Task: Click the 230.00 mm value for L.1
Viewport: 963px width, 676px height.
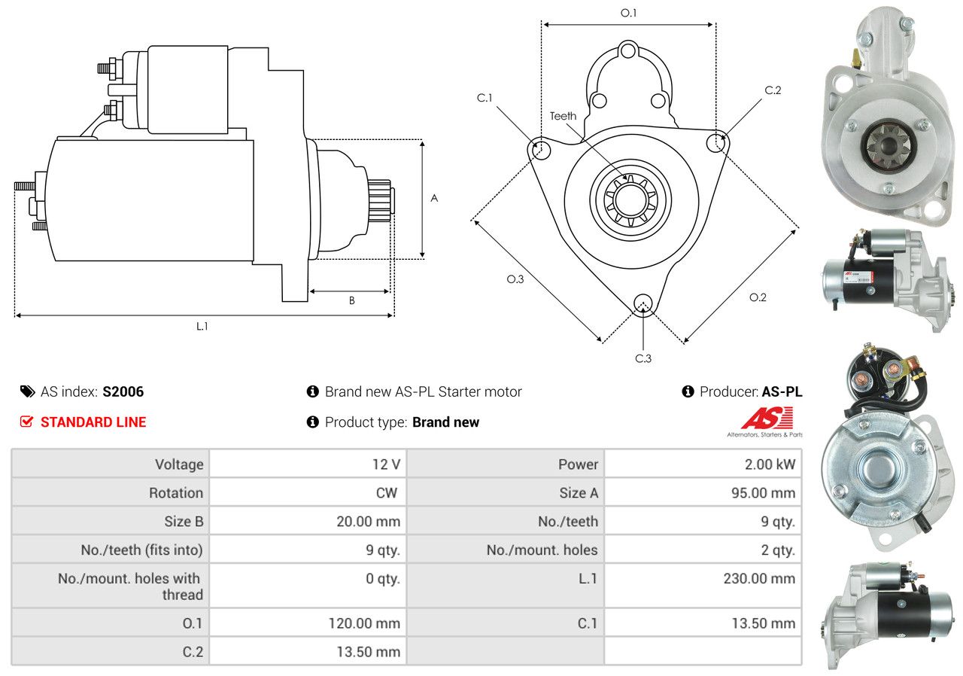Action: point(759,578)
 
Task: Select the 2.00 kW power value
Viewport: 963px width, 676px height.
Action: point(770,464)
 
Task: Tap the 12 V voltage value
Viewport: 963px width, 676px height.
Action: point(386,464)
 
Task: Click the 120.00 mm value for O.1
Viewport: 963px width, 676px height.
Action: point(364,623)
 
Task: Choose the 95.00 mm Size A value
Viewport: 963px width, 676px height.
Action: point(763,493)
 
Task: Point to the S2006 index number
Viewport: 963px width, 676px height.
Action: point(123,391)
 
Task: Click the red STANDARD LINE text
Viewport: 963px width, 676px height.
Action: point(93,422)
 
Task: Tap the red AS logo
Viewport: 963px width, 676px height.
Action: point(767,419)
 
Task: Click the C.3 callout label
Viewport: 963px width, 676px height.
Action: point(643,358)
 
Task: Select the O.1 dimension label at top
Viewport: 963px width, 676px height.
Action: point(628,14)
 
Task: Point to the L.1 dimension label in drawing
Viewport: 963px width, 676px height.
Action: point(202,327)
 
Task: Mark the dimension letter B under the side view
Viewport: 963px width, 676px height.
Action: point(351,300)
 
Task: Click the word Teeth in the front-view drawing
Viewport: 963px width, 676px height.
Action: point(563,116)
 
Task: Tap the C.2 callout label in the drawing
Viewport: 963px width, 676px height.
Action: point(773,90)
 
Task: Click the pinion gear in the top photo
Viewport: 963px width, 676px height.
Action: point(889,146)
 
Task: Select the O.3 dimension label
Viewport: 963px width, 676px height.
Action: point(515,279)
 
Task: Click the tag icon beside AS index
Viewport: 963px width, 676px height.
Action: point(28,391)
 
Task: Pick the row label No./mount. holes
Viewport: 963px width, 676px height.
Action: point(542,550)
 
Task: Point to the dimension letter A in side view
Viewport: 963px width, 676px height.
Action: point(434,198)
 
